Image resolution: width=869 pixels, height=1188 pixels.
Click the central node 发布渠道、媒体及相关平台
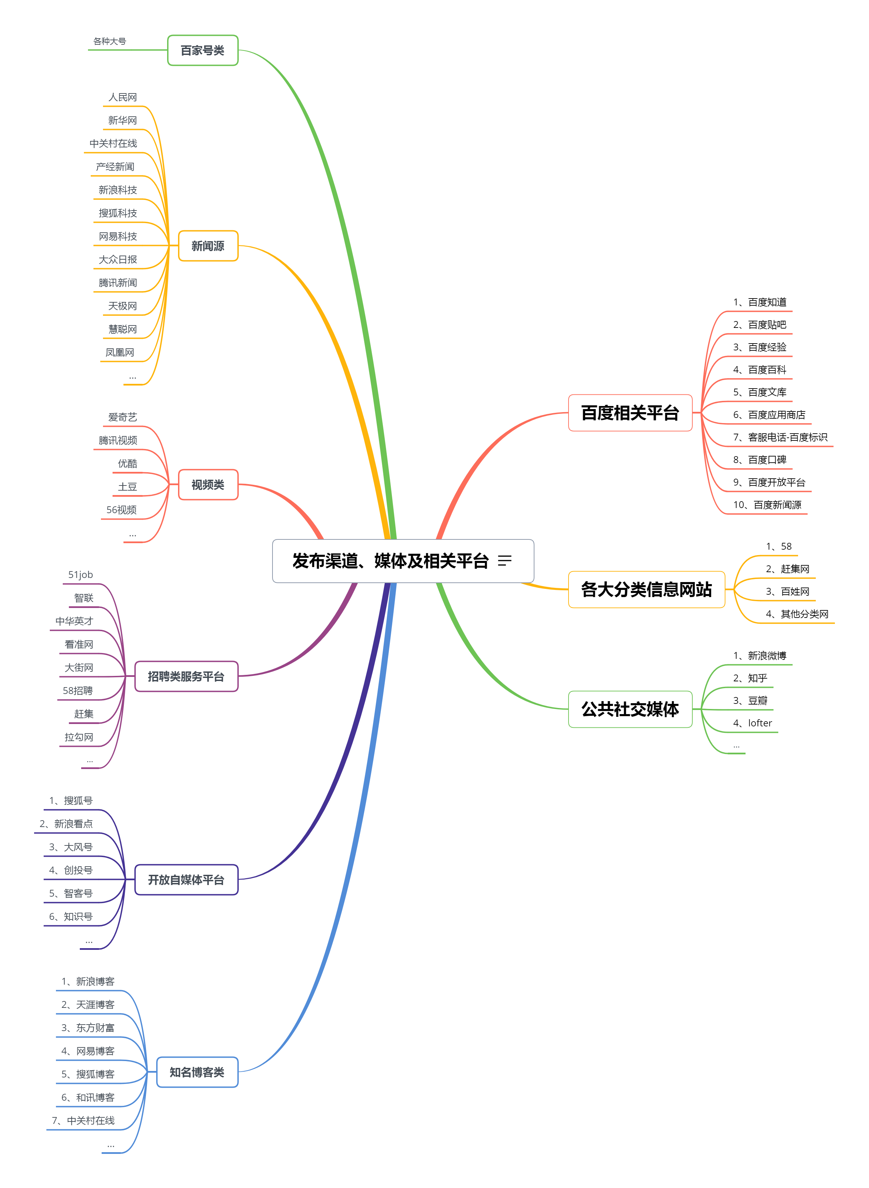(390, 561)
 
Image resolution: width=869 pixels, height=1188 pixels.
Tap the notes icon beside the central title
(504, 561)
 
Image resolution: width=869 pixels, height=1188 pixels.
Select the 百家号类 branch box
(203, 50)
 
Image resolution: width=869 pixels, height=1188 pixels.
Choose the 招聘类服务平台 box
(186, 676)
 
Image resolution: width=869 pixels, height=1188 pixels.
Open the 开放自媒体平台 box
(186, 880)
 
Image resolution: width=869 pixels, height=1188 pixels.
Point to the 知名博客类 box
(197, 1072)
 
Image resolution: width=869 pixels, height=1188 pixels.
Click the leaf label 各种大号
(109, 41)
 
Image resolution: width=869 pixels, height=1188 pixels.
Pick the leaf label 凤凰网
(120, 352)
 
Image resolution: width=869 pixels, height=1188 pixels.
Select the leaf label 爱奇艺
(122, 417)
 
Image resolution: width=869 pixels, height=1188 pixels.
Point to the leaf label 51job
(80, 575)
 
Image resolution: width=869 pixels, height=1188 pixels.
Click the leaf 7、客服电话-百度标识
(780, 437)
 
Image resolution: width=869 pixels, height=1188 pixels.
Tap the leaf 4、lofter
(753, 723)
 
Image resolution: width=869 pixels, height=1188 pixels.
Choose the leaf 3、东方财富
(88, 1028)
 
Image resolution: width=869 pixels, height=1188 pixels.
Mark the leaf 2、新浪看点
(66, 823)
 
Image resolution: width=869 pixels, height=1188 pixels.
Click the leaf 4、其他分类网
(797, 614)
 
